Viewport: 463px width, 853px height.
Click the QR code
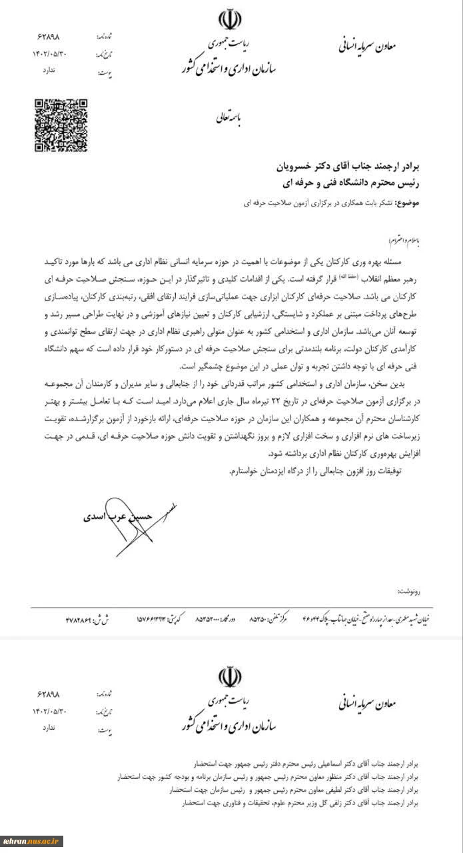61,125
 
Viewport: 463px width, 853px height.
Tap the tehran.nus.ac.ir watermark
32,841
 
